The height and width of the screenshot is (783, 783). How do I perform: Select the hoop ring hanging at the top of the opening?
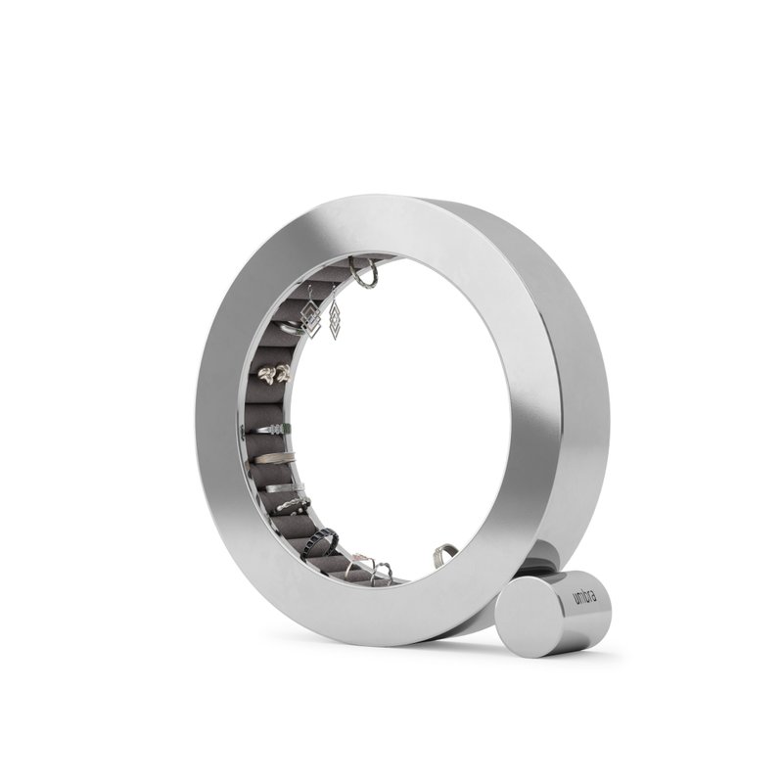pyautogui.click(x=364, y=274)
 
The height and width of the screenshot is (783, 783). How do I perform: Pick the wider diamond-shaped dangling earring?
pyautogui.click(x=312, y=319)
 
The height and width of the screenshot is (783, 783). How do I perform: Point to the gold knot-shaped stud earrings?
pyautogui.click(x=274, y=373)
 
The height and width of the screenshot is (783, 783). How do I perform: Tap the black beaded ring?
pyautogui.click(x=321, y=542)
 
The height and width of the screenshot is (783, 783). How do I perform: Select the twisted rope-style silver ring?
pyautogui.click(x=292, y=505)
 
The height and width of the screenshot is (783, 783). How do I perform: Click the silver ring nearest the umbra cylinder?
pyautogui.click(x=444, y=556)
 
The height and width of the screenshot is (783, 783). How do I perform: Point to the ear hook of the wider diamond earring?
pyautogui.click(x=310, y=294)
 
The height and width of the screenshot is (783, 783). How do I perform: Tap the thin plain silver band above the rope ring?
pyautogui.click(x=282, y=486)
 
